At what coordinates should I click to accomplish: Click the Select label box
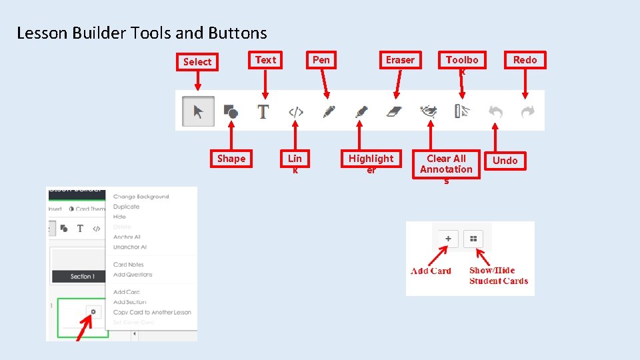(x=197, y=62)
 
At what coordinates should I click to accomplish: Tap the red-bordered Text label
(x=265, y=60)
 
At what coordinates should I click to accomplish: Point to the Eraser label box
(x=400, y=60)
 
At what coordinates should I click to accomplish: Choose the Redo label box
(x=525, y=60)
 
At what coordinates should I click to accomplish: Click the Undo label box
(x=505, y=161)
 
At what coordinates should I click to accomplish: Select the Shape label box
(x=231, y=159)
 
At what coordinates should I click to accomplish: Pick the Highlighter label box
(x=371, y=159)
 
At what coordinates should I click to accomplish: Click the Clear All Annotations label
(x=446, y=164)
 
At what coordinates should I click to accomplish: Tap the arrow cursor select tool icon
(x=198, y=111)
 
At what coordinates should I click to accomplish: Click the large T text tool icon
(x=263, y=111)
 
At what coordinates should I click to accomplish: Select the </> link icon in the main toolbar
(x=295, y=112)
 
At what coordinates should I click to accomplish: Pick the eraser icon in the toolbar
(x=395, y=111)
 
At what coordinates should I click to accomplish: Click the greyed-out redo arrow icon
(x=527, y=112)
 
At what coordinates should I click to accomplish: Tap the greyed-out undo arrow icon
(x=495, y=112)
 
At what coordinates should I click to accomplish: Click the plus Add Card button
(x=448, y=239)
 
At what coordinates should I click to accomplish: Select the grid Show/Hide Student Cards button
(x=473, y=239)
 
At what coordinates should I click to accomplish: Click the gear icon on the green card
(x=93, y=311)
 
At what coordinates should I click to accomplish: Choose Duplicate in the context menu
(x=126, y=207)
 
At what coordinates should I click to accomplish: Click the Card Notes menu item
(x=129, y=265)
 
